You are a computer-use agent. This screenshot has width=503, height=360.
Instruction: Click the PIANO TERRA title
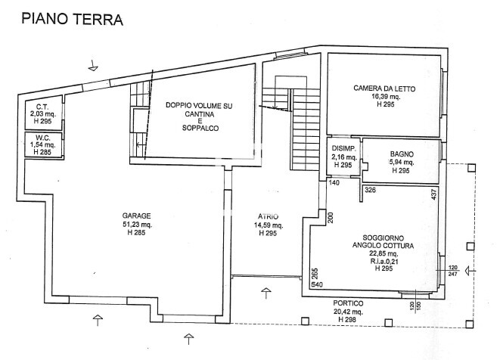click(72, 19)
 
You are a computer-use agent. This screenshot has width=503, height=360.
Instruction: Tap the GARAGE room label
click(136, 216)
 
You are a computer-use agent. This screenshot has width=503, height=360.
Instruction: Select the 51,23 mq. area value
click(138, 225)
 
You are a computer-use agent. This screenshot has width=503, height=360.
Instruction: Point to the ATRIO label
click(268, 216)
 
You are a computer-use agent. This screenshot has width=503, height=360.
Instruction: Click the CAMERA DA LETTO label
click(384, 88)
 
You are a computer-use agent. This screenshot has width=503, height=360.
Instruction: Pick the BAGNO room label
click(402, 154)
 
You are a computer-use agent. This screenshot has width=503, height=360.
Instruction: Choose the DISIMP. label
click(343, 148)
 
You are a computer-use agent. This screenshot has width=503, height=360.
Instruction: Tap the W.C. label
click(43, 138)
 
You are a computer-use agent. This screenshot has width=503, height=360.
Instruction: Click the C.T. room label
click(42, 107)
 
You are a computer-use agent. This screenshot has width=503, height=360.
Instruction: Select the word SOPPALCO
click(200, 128)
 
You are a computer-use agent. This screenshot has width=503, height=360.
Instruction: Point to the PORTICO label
click(348, 303)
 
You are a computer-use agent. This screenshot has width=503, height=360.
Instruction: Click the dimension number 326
click(370, 190)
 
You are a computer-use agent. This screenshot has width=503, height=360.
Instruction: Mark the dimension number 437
click(434, 194)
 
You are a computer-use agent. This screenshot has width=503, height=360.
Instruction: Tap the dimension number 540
click(317, 284)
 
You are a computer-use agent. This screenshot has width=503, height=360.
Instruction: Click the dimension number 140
click(334, 183)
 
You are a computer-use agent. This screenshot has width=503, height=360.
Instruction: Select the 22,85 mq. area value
click(383, 253)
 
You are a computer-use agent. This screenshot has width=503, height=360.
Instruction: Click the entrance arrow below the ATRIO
click(266, 293)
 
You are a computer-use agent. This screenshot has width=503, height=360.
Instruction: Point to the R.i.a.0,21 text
click(384, 261)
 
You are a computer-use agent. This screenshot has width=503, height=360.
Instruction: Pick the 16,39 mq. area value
click(385, 97)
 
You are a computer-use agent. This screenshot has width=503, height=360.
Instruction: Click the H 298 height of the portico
click(347, 320)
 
